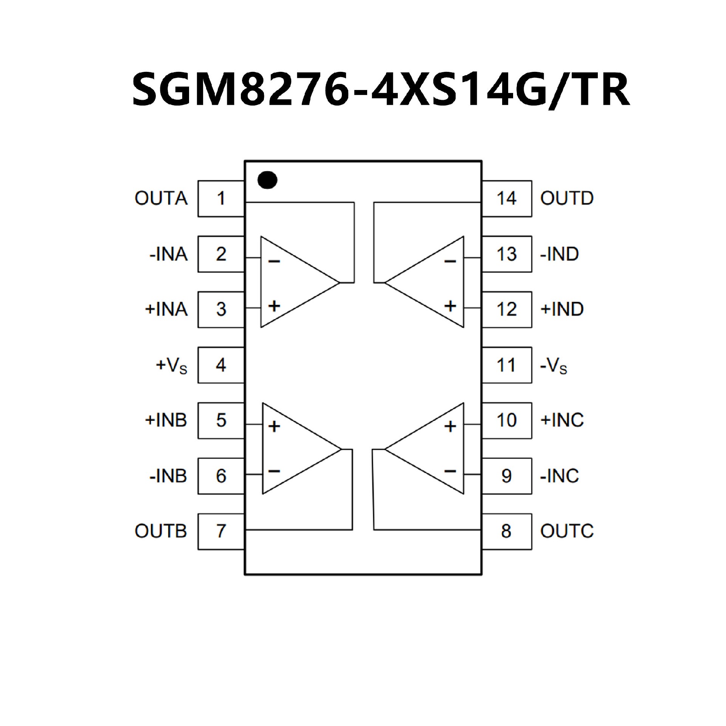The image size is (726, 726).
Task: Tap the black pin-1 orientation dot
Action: [x=267, y=180]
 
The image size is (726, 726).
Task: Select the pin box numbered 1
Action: [x=221, y=199]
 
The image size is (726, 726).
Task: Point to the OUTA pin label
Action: [x=161, y=199]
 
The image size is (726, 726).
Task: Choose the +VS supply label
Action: [x=171, y=366]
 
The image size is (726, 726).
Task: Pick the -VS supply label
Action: [x=554, y=366]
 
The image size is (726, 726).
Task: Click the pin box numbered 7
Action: [x=221, y=531]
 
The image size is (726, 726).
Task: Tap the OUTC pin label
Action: [x=567, y=531]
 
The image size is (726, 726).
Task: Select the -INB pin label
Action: [x=168, y=476]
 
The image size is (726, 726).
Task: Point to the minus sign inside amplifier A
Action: [x=274, y=261]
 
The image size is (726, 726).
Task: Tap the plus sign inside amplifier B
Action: [x=274, y=427]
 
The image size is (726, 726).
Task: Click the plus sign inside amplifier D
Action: [x=450, y=306]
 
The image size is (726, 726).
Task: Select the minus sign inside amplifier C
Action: [x=450, y=471]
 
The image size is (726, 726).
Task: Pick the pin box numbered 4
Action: [x=221, y=365]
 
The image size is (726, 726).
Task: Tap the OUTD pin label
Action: [x=567, y=199]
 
